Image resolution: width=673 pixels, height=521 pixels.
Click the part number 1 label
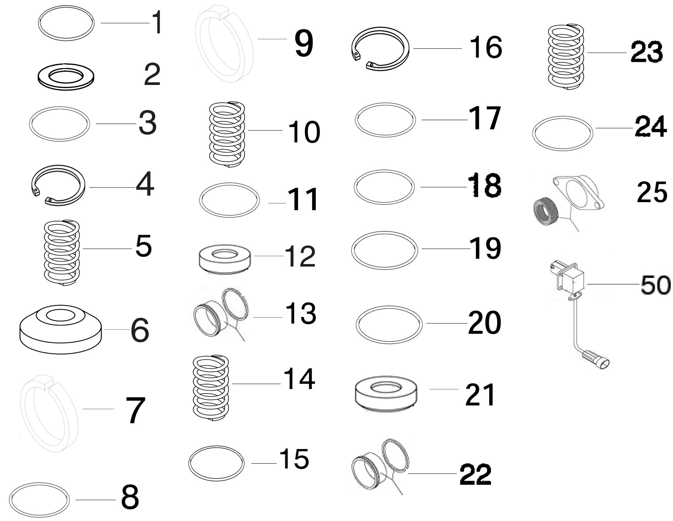tap(157, 23)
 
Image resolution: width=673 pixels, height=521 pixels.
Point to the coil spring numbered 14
tap(211, 388)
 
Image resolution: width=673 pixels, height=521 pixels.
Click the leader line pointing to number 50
tap(613, 284)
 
